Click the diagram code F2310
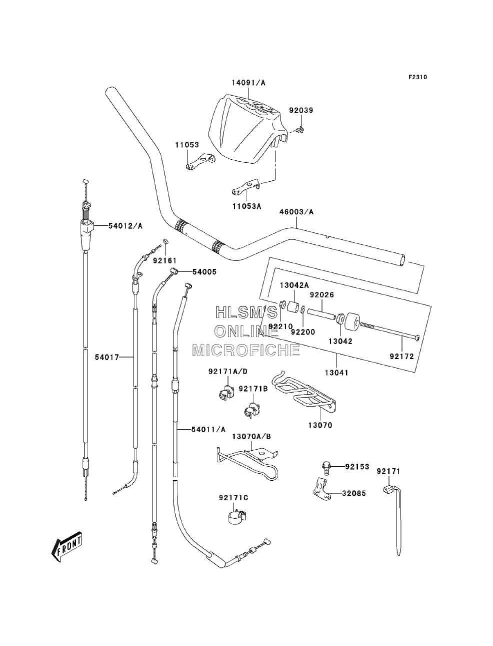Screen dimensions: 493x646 pos(417,77)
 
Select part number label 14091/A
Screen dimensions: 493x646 pos(248,83)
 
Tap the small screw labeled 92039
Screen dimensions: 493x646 pos(299,129)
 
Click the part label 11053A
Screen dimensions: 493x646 pos(246,206)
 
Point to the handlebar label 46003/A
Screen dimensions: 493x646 pos(296,212)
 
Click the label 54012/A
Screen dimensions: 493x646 pos(125,226)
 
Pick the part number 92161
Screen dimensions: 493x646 pos(164,260)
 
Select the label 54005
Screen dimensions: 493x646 pos(204,272)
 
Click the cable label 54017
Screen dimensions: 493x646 pos(107,357)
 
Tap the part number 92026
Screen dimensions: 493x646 pos(322,294)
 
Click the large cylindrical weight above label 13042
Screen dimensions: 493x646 pos(352,322)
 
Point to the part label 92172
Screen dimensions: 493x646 pos(401,357)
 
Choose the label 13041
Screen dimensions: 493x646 pos(336,373)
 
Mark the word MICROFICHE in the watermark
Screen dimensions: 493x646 pos(246,350)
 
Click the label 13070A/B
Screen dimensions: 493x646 pos(251,437)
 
